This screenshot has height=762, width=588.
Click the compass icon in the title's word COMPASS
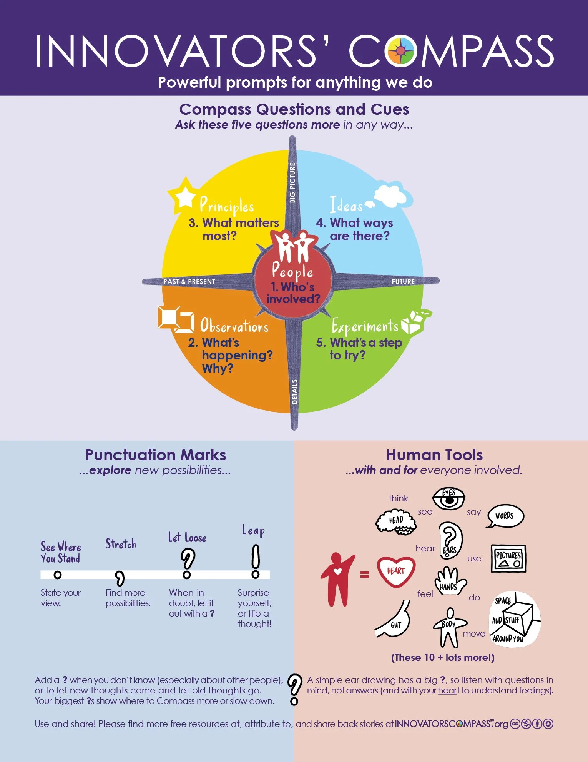pyautogui.click(x=400, y=50)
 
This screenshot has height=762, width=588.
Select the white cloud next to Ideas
pyautogui.click(x=392, y=196)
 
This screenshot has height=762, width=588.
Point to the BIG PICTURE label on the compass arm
pyautogui.click(x=292, y=182)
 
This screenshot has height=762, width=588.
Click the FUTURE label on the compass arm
pyautogui.click(x=403, y=282)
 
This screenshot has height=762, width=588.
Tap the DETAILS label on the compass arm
pyautogui.click(x=294, y=392)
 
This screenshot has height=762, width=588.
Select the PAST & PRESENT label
pyautogui.click(x=189, y=282)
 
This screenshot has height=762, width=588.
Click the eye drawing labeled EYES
pyautogui.click(x=448, y=499)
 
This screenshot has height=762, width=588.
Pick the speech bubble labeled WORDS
pyautogui.click(x=505, y=516)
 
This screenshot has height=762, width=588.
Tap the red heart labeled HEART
pyautogui.click(x=396, y=572)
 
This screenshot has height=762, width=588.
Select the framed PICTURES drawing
pyautogui.click(x=508, y=558)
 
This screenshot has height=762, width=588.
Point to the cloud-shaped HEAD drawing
pyautogui.click(x=396, y=522)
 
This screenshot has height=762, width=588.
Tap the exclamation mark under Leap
pyautogui.click(x=256, y=561)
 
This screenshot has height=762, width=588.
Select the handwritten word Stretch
pyautogui.click(x=121, y=544)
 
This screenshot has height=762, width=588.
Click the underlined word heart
pyautogui.click(x=448, y=691)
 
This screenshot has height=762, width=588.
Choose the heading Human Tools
pyautogui.click(x=434, y=455)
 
